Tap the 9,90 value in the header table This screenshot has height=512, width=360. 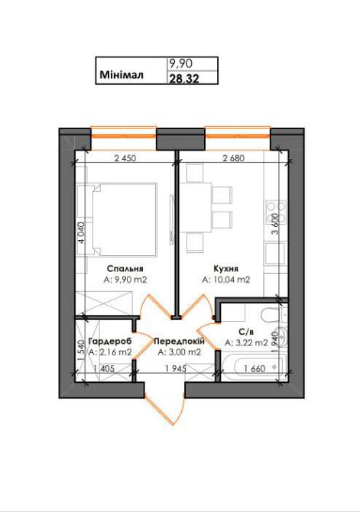180,64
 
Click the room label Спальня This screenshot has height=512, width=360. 125,269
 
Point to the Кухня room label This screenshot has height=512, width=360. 225,269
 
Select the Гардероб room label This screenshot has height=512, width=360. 110,341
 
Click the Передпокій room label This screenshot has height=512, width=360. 179,341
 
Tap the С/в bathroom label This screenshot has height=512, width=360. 245,332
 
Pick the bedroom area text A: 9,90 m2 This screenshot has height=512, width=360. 125,280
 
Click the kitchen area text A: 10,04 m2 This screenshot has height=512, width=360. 226,280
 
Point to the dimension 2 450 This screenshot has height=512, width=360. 124,160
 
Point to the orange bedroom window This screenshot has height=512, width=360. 123,137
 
